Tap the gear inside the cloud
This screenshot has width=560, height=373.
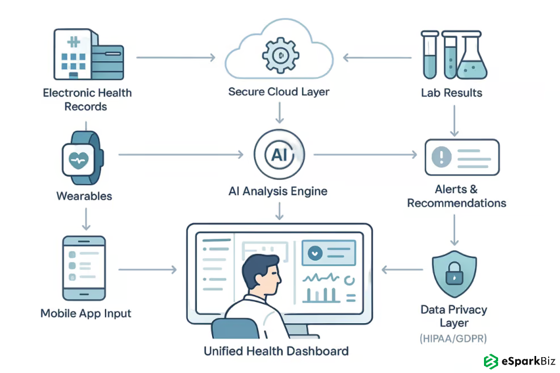[x=279, y=55]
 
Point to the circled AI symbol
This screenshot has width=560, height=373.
[x=279, y=155]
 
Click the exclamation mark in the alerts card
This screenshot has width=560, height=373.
[x=441, y=155]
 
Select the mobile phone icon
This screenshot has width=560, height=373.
[x=84, y=268]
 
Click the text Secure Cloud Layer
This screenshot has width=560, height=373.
[x=279, y=91]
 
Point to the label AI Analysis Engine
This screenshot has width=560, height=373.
[x=278, y=191]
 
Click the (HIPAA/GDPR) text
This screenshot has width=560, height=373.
[x=453, y=338]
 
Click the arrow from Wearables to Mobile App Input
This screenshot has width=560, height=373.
[x=85, y=218]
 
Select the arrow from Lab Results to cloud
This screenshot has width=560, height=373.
[x=377, y=57]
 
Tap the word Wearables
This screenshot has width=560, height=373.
[x=85, y=196]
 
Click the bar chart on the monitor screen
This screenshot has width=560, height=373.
[x=321, y=295]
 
